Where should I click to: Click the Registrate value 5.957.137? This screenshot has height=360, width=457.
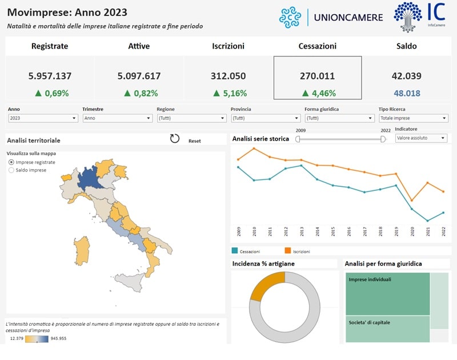coord(50,75)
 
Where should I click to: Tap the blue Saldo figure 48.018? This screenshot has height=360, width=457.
coord(406,93)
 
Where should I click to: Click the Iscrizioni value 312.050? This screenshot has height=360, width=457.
coord(229,75)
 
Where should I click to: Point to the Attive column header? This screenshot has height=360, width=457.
coord(139,46)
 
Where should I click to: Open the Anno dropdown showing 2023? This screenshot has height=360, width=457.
coord(43,118)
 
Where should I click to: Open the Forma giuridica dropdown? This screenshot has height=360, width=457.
coord(339,118)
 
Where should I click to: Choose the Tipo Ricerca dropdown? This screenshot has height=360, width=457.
coord(413,118)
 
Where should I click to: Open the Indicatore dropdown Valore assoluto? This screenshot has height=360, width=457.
coord(420,138)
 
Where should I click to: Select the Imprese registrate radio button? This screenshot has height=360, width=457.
coord(12,162)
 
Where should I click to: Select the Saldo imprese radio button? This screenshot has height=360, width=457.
coord(12,170)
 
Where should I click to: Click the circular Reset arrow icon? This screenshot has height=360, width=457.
coord(175,139)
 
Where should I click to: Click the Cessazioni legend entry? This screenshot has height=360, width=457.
coord(250,251)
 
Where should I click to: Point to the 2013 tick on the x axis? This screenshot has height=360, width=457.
coord(302,231)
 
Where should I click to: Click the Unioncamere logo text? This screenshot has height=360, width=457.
coord(348,17)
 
